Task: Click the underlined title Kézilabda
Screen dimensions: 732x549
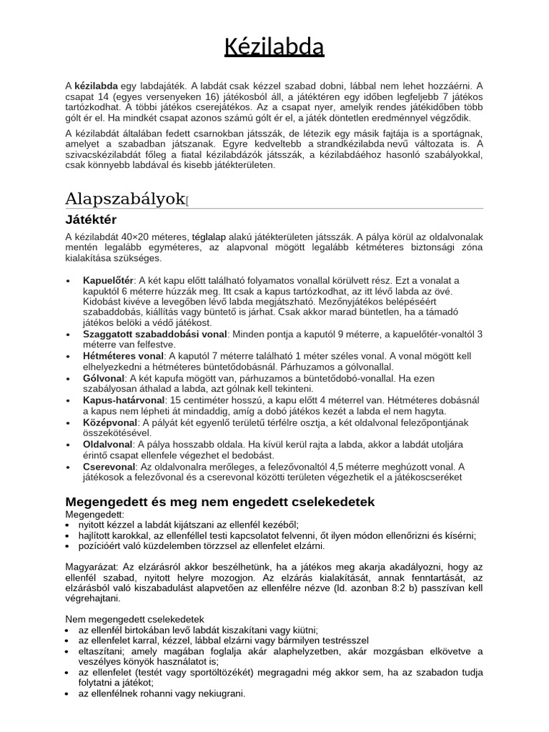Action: coord(274,47)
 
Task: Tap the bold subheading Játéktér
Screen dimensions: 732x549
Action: coord(91,219)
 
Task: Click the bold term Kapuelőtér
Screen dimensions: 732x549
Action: coord(109,280)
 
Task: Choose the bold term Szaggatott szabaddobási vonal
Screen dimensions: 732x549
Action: coord(155,334)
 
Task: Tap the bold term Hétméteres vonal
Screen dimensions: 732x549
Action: coord(123,355)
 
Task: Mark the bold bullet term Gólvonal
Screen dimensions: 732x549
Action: coord(104,377)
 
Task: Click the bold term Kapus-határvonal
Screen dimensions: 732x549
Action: coord(124,400)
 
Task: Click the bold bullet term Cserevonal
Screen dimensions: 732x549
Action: coord(108,466)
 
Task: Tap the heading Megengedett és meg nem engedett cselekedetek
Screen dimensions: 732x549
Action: coord(219,502)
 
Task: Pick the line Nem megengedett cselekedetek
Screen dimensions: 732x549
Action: coord(134,618)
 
